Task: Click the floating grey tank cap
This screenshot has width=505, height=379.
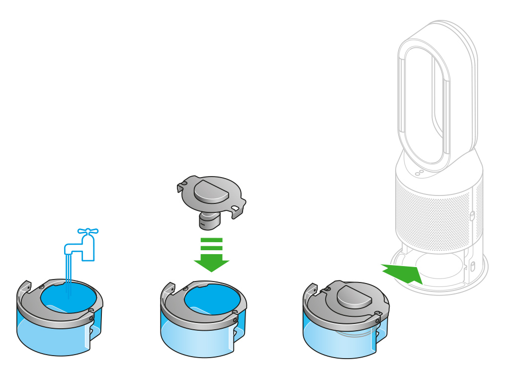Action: point(212,196)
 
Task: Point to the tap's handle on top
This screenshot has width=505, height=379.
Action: point(88,231)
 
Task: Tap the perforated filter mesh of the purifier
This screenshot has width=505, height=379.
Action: point(437,214)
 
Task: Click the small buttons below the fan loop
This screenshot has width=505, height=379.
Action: point(420,172)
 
